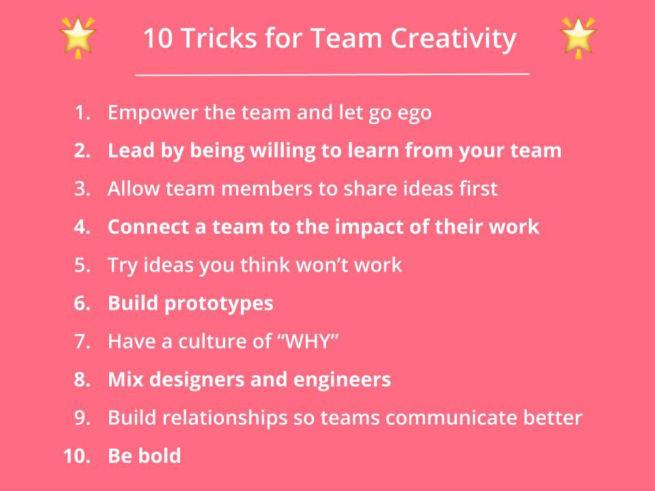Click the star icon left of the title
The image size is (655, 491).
point(78,37)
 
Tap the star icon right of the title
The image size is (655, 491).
point(578,37)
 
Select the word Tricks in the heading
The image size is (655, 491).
point(219,38)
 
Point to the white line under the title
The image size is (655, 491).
point(332,74)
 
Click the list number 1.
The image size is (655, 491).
point(83,113)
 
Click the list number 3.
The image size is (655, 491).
point(83,189)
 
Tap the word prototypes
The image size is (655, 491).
point(218,304)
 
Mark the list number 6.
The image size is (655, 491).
point(83,303)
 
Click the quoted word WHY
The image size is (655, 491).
point(310,342)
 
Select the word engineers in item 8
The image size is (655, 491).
point(342,381)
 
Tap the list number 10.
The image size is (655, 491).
point(77,456)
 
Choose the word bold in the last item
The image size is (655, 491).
point(160,456)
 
